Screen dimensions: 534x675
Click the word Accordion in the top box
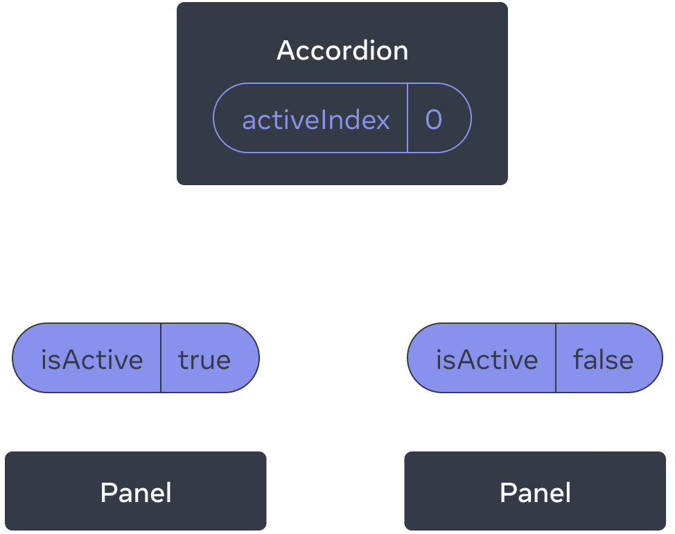click(342, 51)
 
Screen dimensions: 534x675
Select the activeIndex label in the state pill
click(316, 120)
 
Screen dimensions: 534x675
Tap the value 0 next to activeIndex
click(433, 120)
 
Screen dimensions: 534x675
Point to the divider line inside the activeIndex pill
click(407, 118)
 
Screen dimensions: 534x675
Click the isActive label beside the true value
click(92, 359)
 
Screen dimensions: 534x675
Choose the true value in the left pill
click(204, 359)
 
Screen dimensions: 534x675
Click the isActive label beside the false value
click(486, 359)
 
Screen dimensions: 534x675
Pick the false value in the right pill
click(603, 359)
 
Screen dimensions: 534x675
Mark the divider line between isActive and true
click(161, 358)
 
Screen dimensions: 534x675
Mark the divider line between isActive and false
click(556, 358)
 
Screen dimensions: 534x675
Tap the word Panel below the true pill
click(136, 493)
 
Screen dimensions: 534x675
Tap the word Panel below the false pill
click(535, 493)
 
